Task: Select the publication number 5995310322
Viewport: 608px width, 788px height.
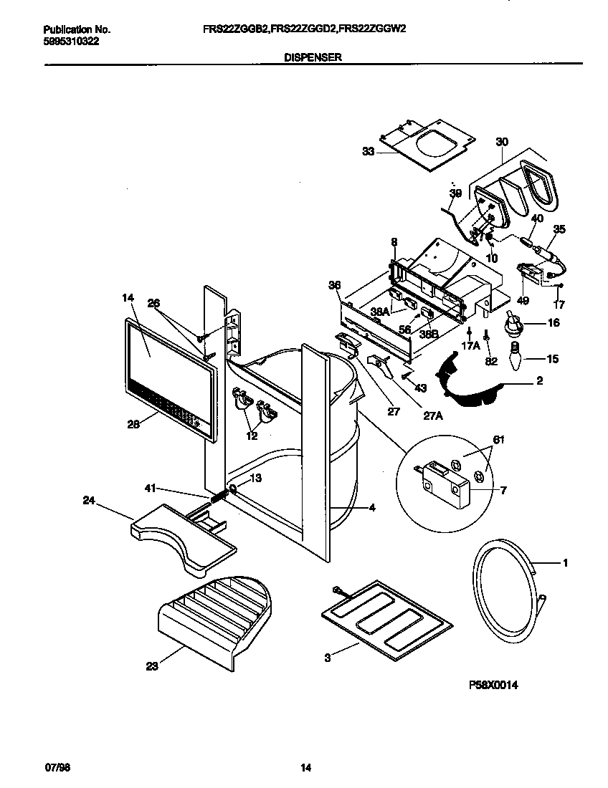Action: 70,41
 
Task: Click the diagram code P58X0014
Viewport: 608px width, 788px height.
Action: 493,686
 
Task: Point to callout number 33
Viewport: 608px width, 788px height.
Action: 368,151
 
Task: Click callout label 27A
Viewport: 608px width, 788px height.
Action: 432,412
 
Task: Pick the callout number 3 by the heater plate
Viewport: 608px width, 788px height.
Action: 328,658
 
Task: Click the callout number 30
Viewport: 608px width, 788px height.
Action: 501,142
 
